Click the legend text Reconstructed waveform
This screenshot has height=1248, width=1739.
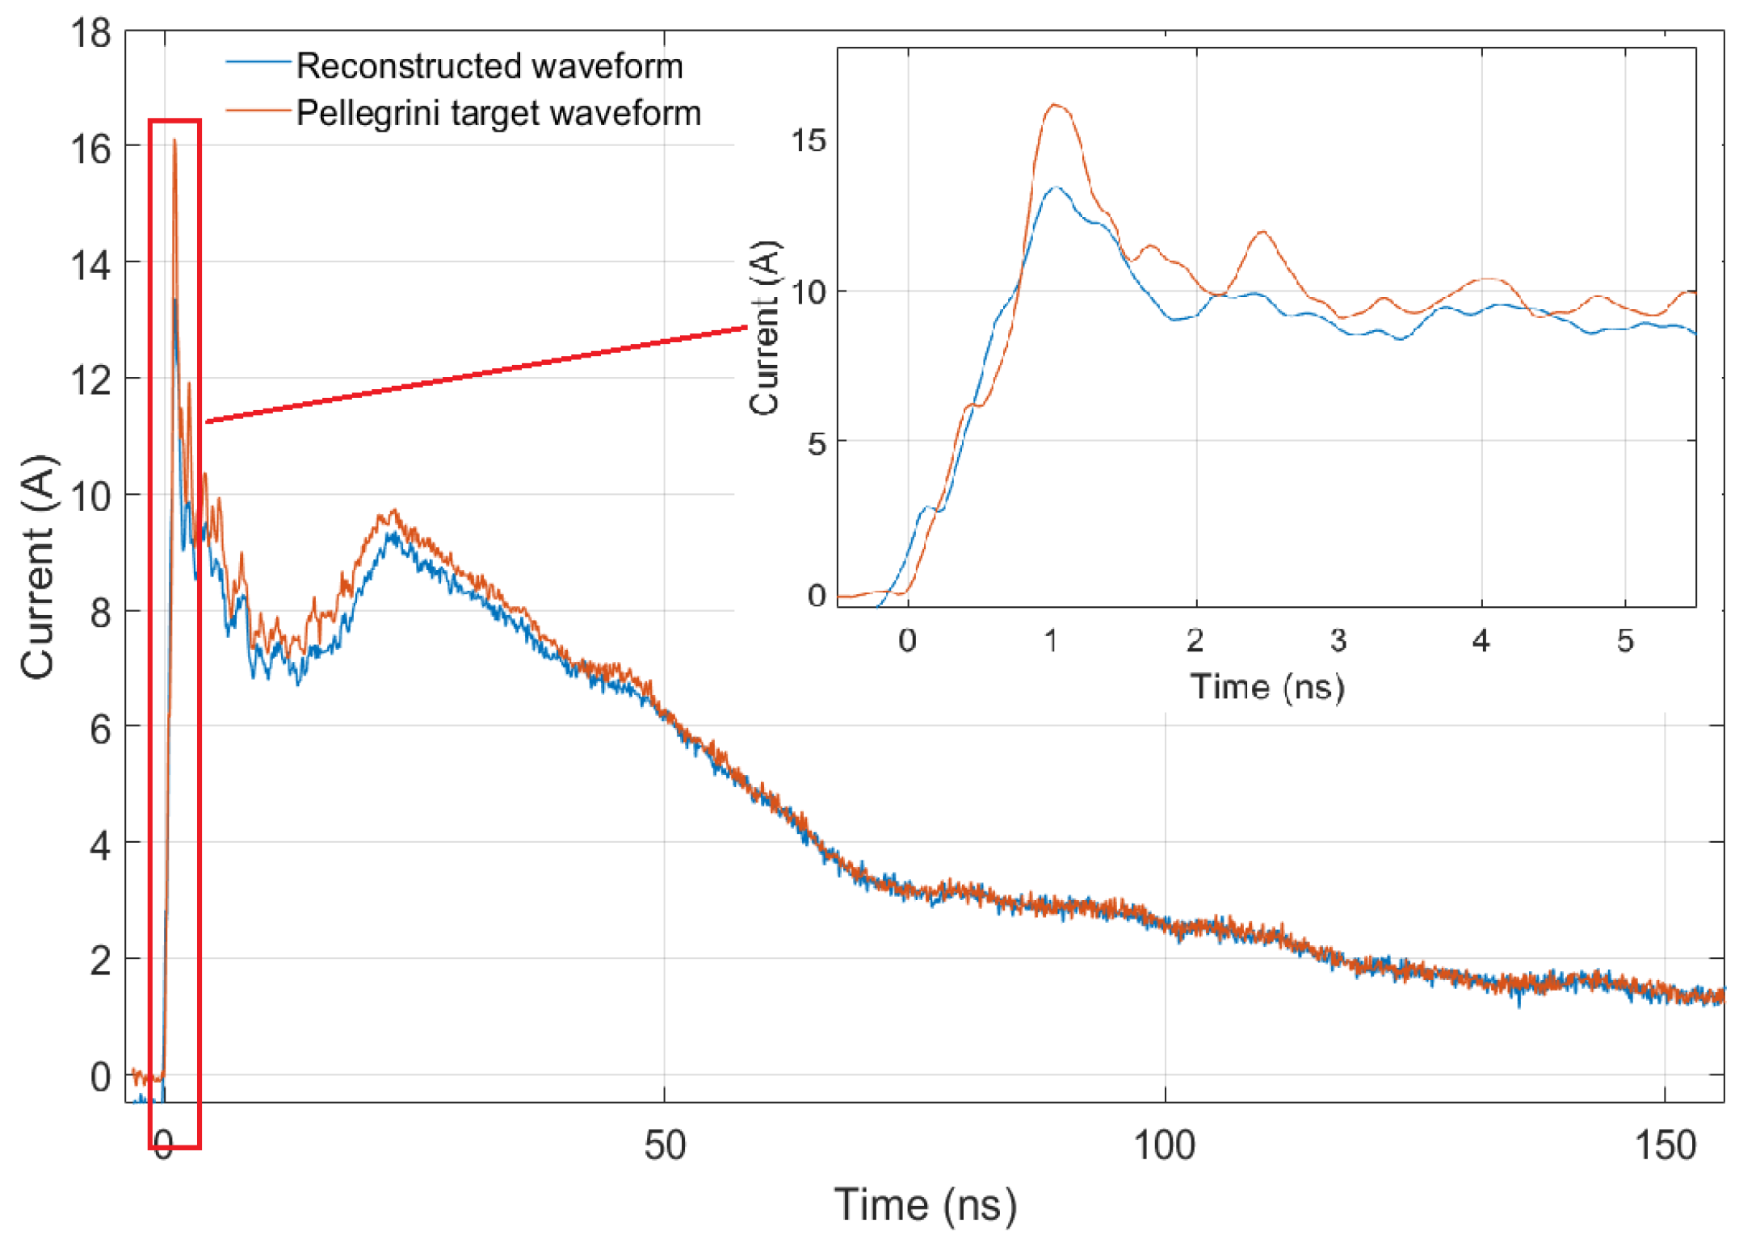click(x=489, y=65)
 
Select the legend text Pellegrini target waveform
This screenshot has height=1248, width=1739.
click(x=498, y=113)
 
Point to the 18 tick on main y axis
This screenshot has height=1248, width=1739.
click(x=90, y=34)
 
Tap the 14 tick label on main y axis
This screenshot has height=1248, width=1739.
click(x=90, y=265)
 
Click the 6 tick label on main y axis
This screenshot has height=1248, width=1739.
click(x=99, y=730)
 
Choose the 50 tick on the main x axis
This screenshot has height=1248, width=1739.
click(x=664, y=1145)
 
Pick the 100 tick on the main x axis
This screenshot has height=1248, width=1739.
click(x=1164, y=1145)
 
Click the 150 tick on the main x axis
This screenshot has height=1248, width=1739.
click(x=1665, y=1145)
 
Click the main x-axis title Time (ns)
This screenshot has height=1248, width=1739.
click(x=925, y=1205)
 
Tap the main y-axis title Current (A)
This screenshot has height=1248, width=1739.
click(x=38, y=567)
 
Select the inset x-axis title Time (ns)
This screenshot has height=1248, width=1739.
click(x=1266, y=687)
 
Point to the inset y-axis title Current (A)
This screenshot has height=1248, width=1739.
click(x=764, y=327)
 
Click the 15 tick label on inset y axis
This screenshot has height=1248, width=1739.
click(x=809, y=140)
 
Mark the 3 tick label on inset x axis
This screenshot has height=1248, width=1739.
click(x=1338, y=641)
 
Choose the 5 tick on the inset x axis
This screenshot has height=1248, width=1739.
click(x=1625, y=641)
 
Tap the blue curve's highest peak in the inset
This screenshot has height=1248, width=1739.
click(x=1056, y=187)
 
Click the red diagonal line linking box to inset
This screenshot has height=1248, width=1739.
click(x=477, y=375)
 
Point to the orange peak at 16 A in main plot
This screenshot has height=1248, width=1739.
click(x=174, y=142)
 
